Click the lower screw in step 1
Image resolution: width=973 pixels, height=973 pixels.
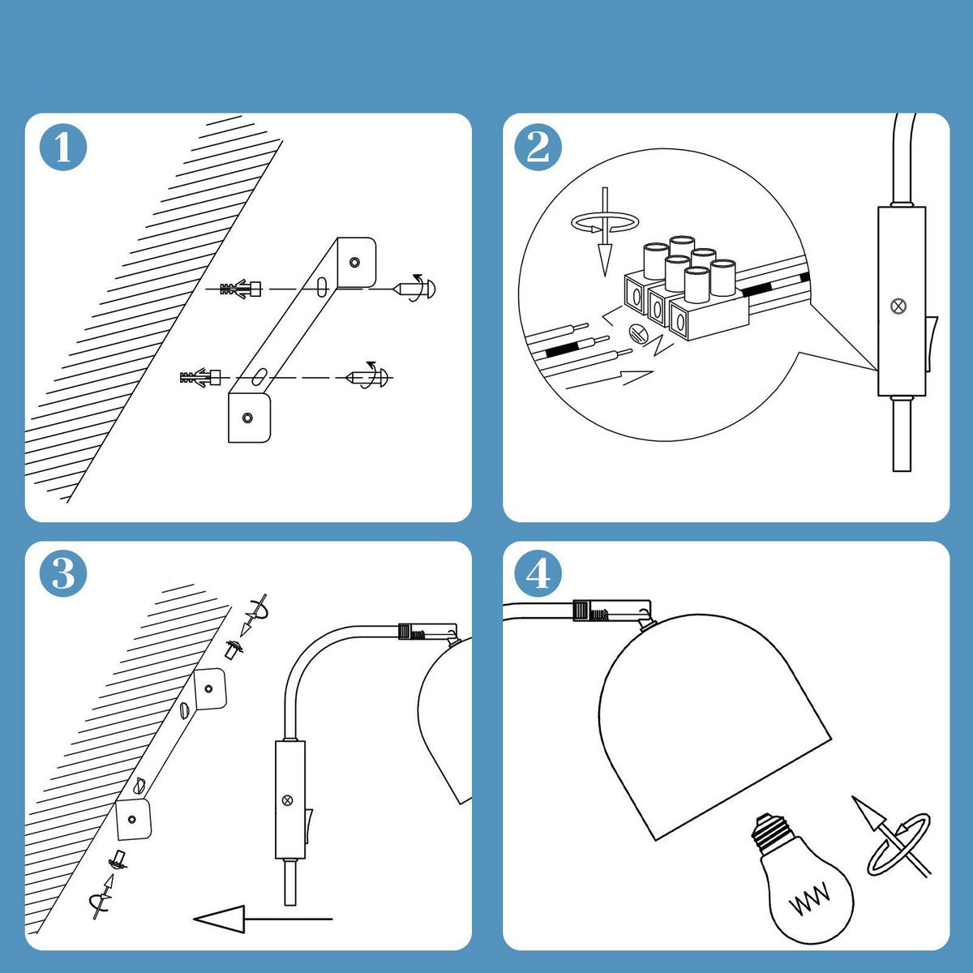coord(370,377)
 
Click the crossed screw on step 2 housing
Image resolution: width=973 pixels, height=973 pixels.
coord(898,306)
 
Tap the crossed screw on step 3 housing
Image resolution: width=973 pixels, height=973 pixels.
coord(287,801)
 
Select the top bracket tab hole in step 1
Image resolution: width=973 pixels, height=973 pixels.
coord(354,262)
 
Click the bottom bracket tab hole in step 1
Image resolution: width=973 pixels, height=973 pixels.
coord(247,418)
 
